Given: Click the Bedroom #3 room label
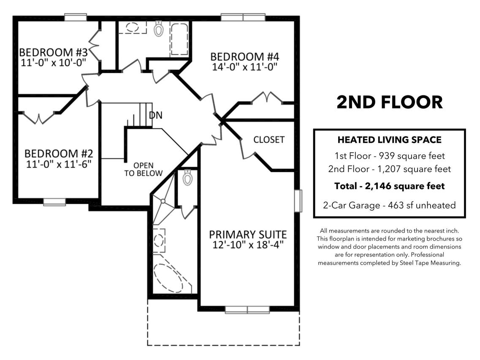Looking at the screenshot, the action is (x=53, y=52).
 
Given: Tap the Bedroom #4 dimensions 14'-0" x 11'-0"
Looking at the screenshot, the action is (x=244, y=67).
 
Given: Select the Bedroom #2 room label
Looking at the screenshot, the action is (x=58, y=153).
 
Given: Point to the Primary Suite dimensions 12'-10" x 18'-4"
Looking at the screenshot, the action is (x=248, y=245).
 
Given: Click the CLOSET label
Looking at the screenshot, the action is (x=269, y=140).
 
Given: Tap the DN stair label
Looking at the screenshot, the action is (x=155, y=115).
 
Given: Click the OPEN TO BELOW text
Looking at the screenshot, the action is (x=143, y=169).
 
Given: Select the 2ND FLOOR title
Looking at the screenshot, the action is (x=389, y=102).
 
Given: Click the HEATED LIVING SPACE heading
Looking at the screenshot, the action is (x=389, y=140).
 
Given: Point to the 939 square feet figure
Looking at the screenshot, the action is (x=412, y=156).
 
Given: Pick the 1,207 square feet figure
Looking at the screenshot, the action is (x=414, y=169).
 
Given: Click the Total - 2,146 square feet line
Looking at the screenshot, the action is (x=389, y=186).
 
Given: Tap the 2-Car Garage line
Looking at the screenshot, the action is (x=389, y=205).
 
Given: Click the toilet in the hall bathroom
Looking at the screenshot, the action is (x=158, y=28).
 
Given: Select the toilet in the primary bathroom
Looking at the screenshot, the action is (x=187, y=178).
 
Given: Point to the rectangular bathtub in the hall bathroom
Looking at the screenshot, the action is (x=179, y=39).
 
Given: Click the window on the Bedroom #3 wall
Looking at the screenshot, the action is (x=75, y=17).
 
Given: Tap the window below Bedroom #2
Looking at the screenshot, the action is (x=54, y=202).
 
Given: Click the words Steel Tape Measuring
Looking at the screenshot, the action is (x=430, y=263).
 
